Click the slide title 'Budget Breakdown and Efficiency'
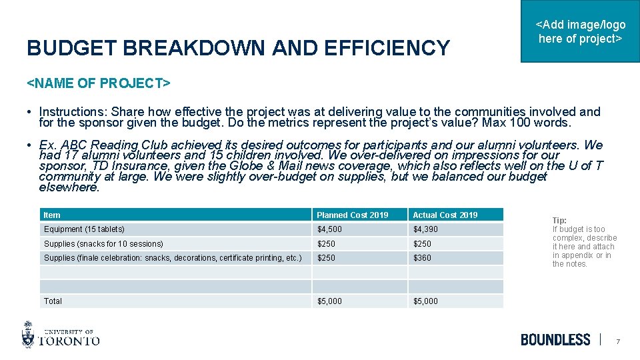(238, 48)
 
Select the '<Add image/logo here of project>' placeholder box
(580, 31)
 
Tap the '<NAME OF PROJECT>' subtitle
(98, 83)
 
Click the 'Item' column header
(52, 215)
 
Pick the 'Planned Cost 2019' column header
(352, 215)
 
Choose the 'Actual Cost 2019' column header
(445, 215)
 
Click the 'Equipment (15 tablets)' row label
(84, 229)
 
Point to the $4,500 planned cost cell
(329, 229)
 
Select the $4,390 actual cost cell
(426, 229)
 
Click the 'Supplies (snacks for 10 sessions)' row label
(103, 244)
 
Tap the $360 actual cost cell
(422, 258)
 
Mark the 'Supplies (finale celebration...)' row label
(173, 258)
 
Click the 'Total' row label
(53, 301)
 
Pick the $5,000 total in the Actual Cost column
(426, 301)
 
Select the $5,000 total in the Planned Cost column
(329, 301)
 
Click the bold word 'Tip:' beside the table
(559, 221)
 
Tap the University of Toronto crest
(28, 334)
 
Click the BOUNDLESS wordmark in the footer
(555, 339)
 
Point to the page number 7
(618, 341)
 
